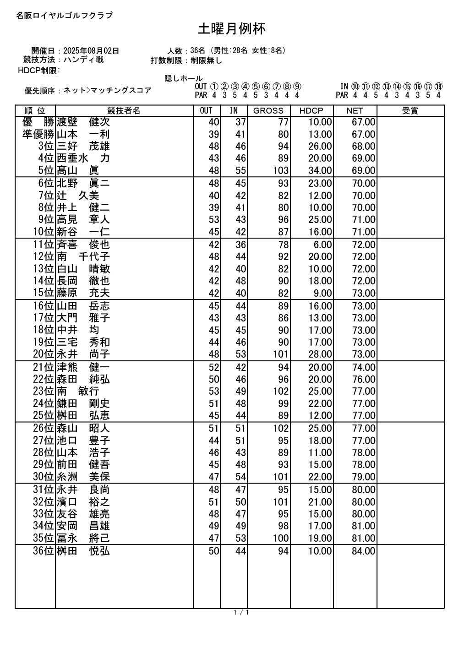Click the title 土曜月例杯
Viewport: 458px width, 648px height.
pos(232,29)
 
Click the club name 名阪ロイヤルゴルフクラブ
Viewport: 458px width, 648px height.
pos(64,16)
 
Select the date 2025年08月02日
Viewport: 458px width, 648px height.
pos(91,50)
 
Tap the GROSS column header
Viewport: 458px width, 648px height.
pos(268,111)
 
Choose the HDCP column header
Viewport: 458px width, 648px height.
pos(311,111)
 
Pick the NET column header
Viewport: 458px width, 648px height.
pos(354,111)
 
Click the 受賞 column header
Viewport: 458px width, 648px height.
pos(410,111)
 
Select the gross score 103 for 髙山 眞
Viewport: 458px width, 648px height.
pos(280,171)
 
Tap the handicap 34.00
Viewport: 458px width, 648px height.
pos(320,171)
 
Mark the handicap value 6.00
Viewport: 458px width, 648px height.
pos(323,245)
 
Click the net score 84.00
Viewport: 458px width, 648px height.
pos(364,551)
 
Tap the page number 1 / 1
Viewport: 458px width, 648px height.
pos(241,613)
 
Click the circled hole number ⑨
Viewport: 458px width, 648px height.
pos(297,87)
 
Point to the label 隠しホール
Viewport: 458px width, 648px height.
pos(184,79)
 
